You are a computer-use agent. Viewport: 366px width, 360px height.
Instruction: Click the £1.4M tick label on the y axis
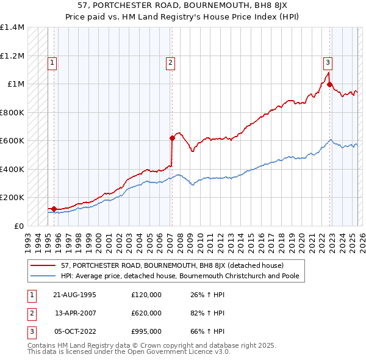pyautogui.click(x=13, y=27)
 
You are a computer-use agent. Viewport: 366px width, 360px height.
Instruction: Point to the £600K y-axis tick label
pyautogui.click(x=12, y=140)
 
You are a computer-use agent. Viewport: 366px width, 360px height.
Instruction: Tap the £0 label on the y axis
pyautogui.click(x=19, y=226)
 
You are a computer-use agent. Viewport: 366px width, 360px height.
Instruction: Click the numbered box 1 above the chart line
pyautogui.click(x=52, y=62)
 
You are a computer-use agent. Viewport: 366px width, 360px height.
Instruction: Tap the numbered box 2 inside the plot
pyautogui.click(x=170, y=62)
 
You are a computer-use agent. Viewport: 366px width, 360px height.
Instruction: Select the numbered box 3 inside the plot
pyautogui.click(x=328, y=62)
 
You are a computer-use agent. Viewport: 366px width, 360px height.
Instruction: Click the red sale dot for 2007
pyautogui.click(x=172, y=138)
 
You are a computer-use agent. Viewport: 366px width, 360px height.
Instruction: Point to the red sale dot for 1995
pyautogui.click(x=54, y=209)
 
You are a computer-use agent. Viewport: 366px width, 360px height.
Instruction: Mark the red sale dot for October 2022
pyautogui.click(x=329, y=85)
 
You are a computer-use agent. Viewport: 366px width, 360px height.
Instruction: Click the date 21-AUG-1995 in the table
pyautogui.click(x=75, y=295)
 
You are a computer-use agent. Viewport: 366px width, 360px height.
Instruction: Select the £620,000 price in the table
pyautogui.click(x=146, y=313)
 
